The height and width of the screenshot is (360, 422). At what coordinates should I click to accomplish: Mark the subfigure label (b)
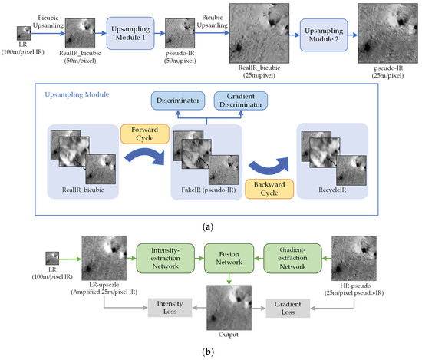point(210,352)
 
